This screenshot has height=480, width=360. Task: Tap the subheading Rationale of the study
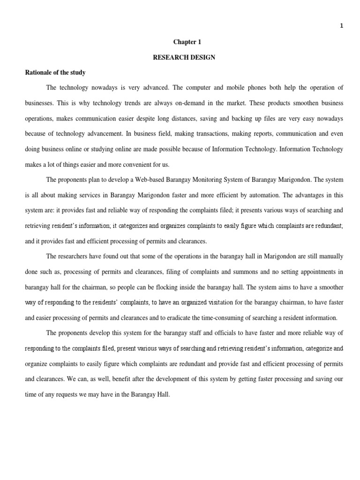point(55,73)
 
